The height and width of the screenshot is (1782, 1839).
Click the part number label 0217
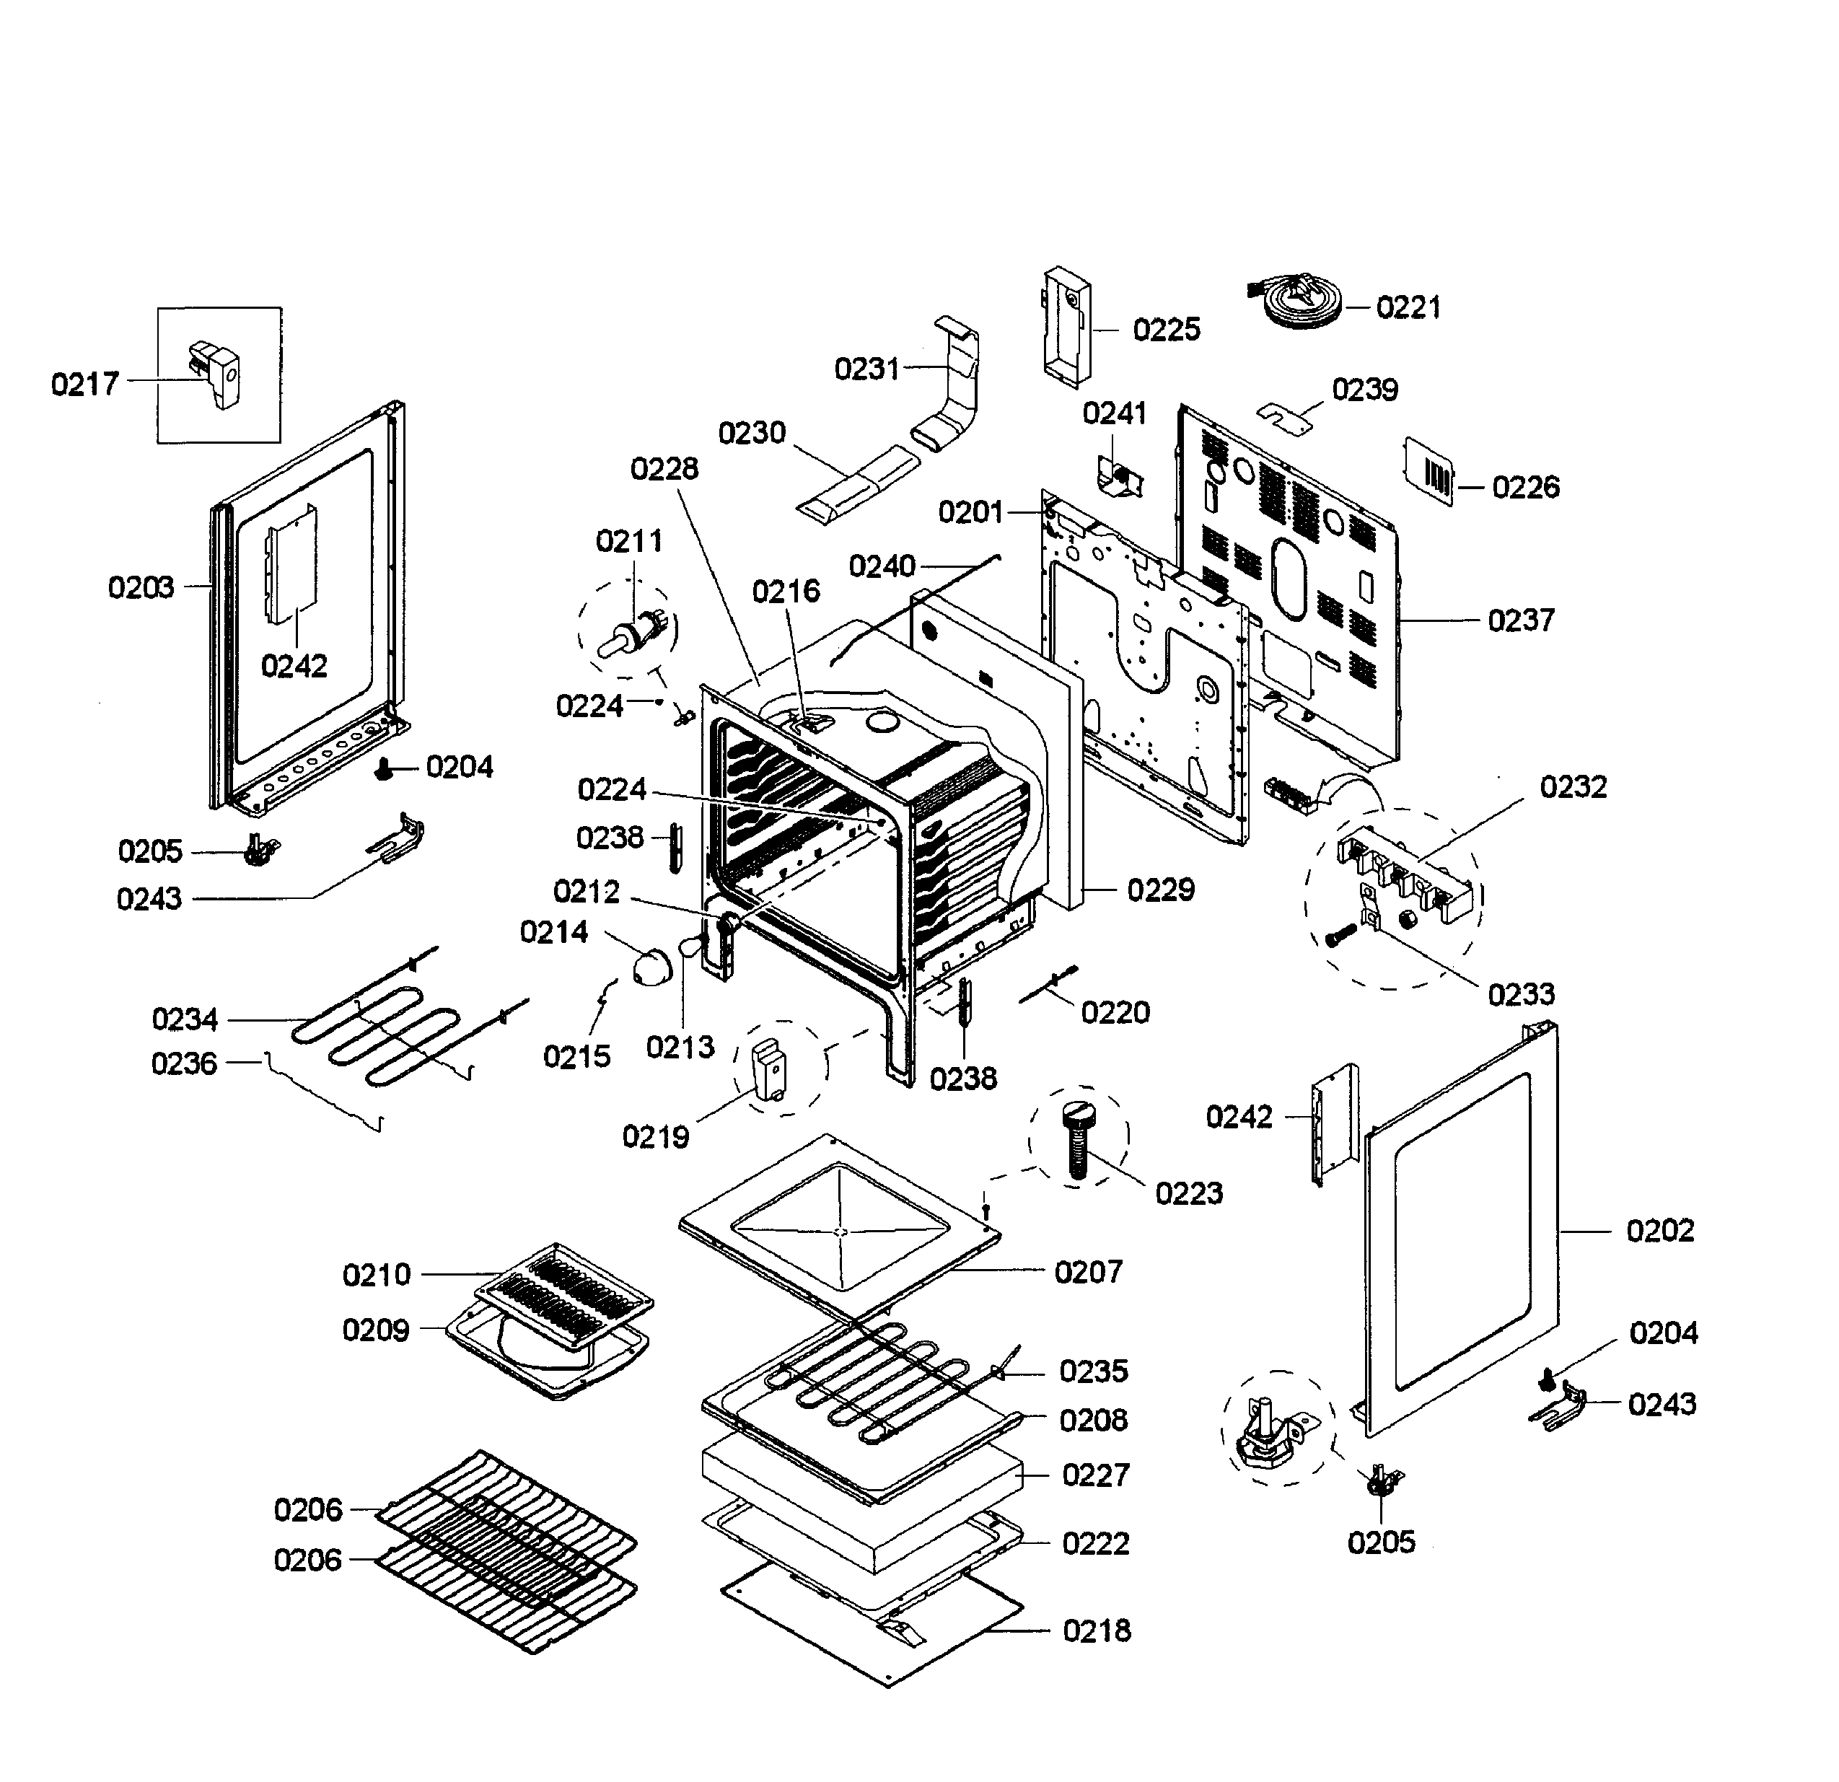pyautogui.click(x=84, y=384)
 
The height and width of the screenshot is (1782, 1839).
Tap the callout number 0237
pyautogui.click(x=1521, y=620)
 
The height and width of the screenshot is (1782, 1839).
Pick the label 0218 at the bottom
pyautogui.click(x=1097, y=1631)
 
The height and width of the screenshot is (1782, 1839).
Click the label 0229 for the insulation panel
pyautogui.click(x=1161, y=890)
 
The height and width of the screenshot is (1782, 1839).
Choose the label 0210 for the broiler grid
pyautogui.click(x=377, y=1274)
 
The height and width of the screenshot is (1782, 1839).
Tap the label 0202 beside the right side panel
pyautogui.click(x=1660, y=1230)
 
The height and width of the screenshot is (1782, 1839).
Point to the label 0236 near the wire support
pyautogui.click(x=184, y=1063)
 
